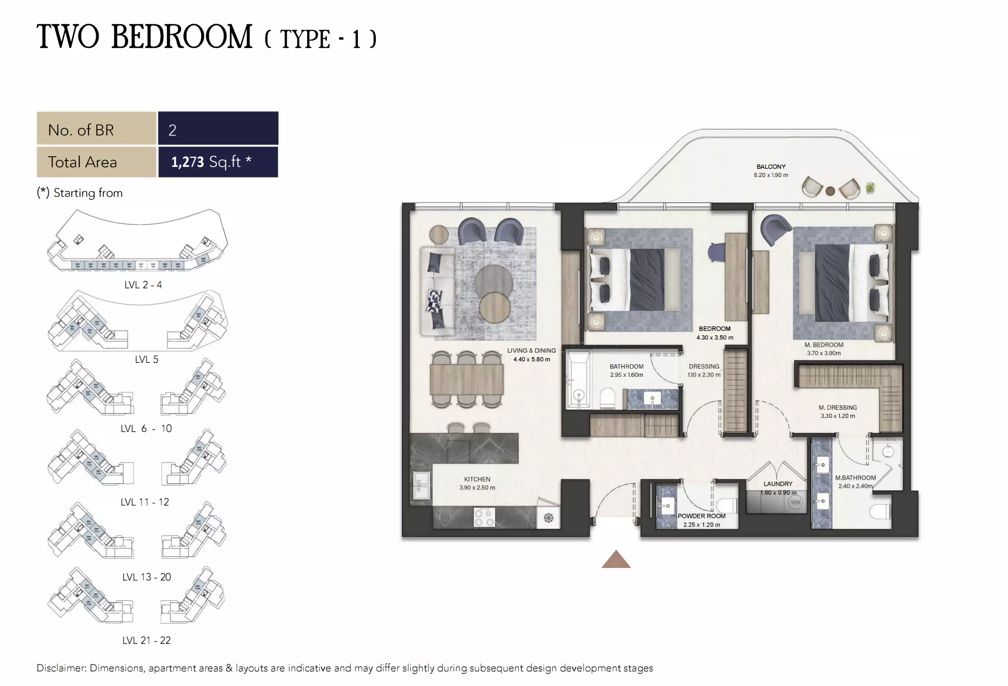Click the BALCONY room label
pos(771,166)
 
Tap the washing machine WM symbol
pos(795,502)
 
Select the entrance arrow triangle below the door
pos(616,560)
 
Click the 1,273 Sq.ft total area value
pos(211,162)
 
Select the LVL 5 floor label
pos(147,359)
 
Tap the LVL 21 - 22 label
pos(147,640)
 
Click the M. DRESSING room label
pos(837,407)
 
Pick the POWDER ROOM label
pos(701,516)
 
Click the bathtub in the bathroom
pos(578,380)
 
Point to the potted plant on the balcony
pos(870,187)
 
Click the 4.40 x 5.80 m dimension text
pos(532,359)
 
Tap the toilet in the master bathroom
pos(880,512)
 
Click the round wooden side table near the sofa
pos(439,234)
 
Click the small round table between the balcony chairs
pos(830,191)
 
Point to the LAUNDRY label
pos(778,484)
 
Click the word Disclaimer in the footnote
pos(61,668)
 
